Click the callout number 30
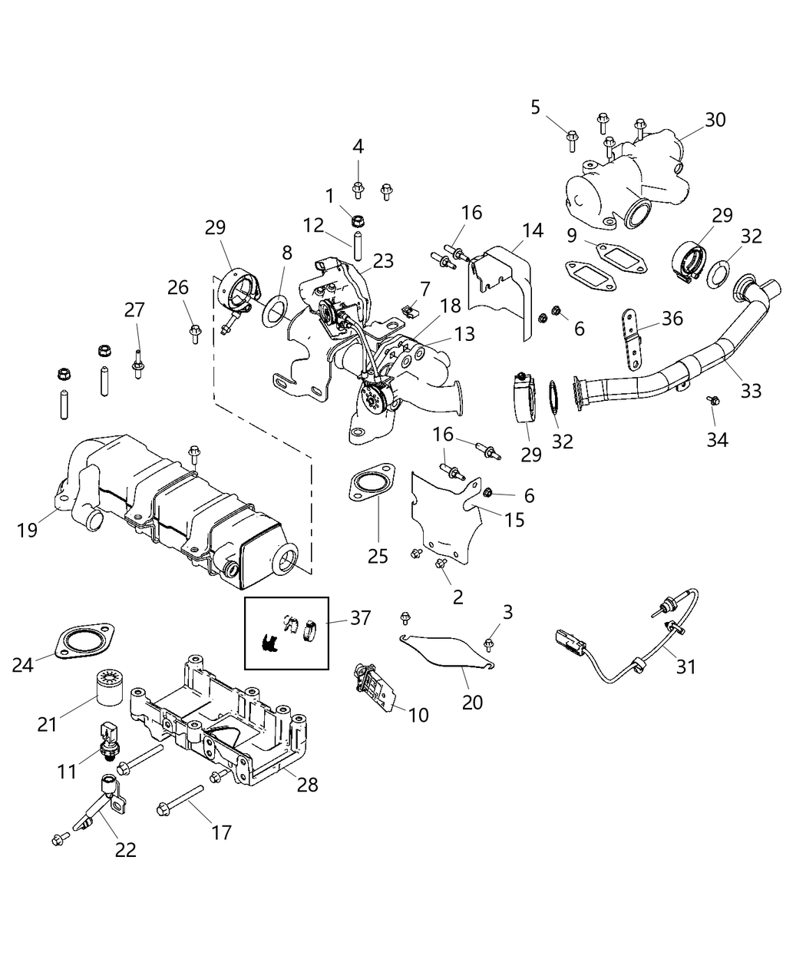pyautogui.click(x=715, y=120)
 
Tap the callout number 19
pyautogui.click(x=28, y=530)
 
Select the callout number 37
pyautogui.click(x=361, y=617)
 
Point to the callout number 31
pyautogui.click(x=685, y=666)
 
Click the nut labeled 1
pyautogui.click(x=356, y=220)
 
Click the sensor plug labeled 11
pyautogui.click(x=107, y=735)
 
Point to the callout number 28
pyautogui.click(x=307, y=785)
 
